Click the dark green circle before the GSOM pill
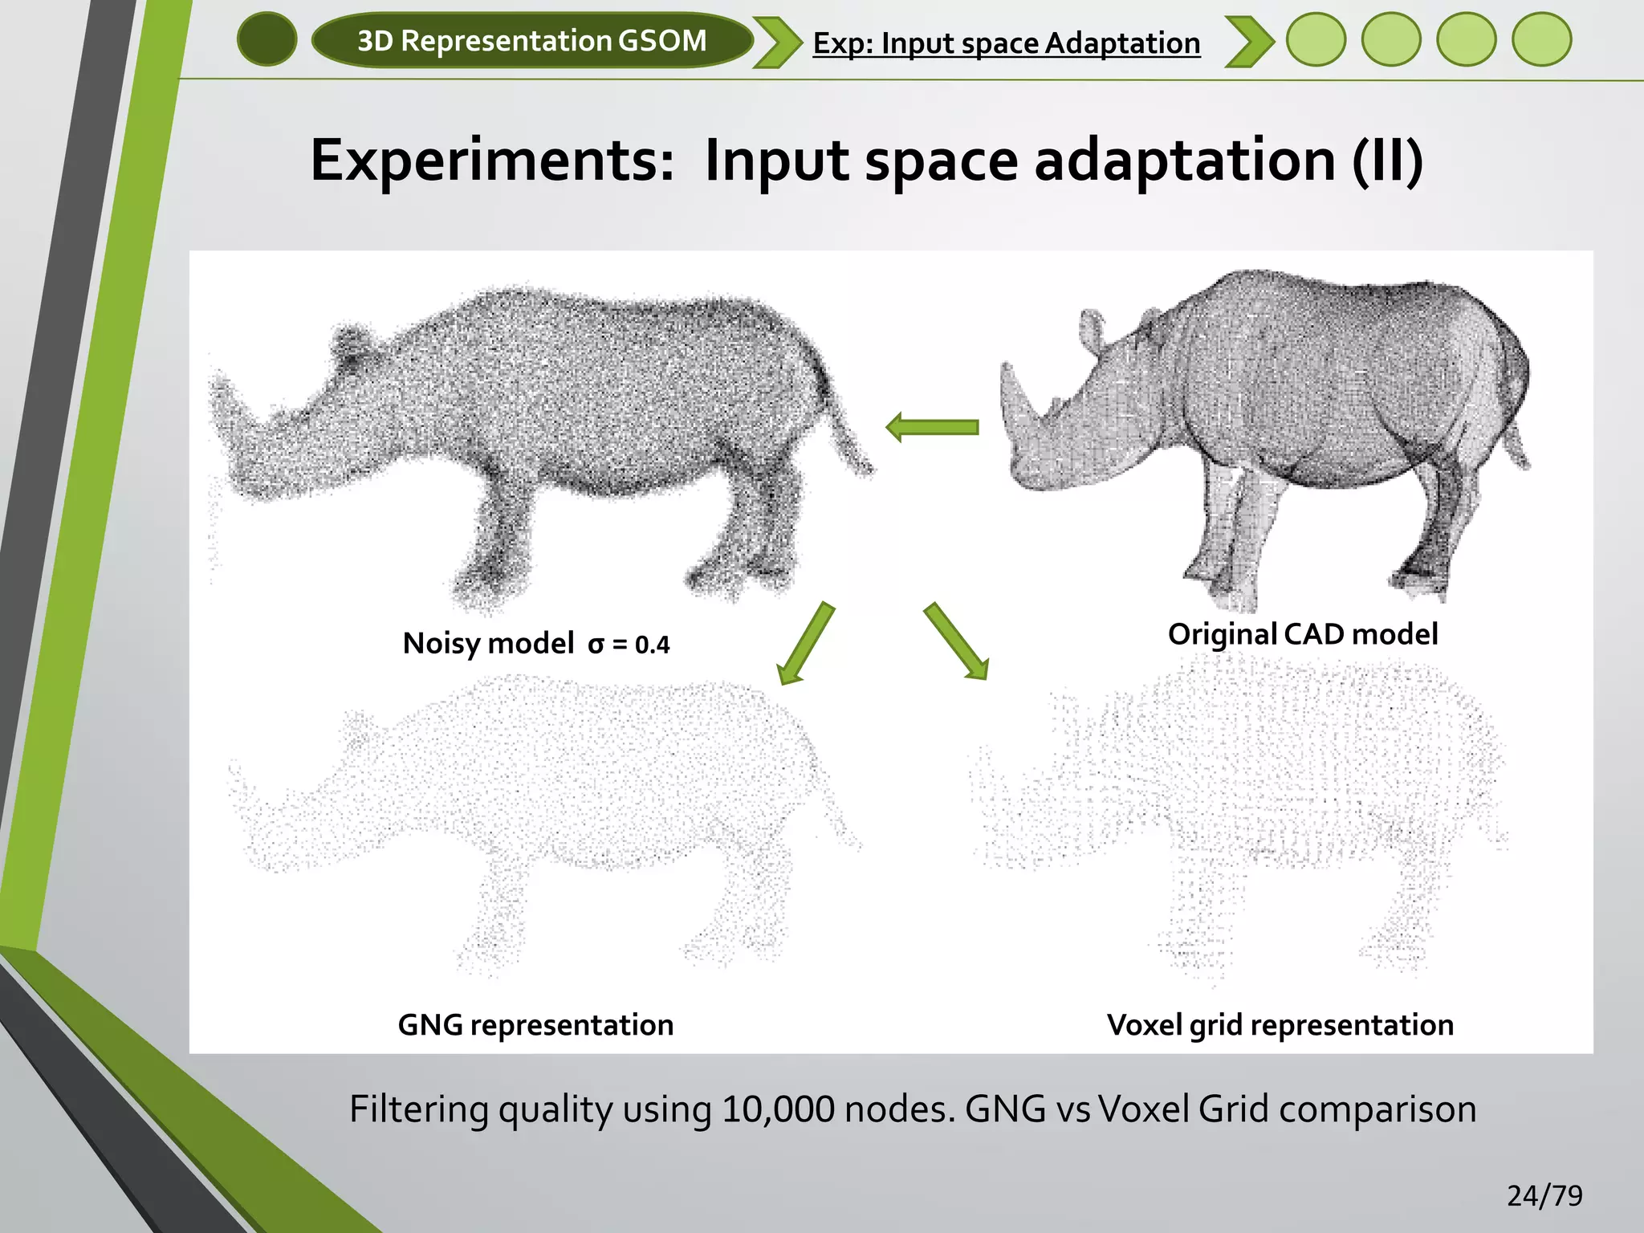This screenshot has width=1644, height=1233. (x=267, y=40)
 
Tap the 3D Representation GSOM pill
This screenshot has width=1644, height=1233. (x=531, y=40)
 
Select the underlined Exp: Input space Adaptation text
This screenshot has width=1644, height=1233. (x=1006, y=43)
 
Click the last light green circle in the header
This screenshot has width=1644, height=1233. (x=1541, y=40)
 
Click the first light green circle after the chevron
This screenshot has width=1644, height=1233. (x=1316, y=40)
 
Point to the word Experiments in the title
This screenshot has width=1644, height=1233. (x=491, y=161)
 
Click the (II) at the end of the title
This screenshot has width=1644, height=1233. (x=1387, y=161)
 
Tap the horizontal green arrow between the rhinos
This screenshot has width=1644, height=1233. (x=932, y=427)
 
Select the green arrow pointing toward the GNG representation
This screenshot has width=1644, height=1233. (x=806, y=643)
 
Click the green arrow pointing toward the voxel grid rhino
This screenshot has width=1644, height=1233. (x=956, y=641)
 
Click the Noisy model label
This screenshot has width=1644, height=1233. (x=488, y=643)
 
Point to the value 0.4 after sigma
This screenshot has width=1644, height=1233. (x=652, y=645)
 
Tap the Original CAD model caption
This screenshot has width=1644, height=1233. (x=1302, y=634)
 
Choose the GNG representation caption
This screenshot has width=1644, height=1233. (x=535, y=1025)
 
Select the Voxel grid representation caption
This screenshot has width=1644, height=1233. (x=1280, y=1025)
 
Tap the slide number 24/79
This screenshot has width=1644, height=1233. (x=1544, y=1196)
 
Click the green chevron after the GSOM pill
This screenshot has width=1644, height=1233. (x=776, y=42)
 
